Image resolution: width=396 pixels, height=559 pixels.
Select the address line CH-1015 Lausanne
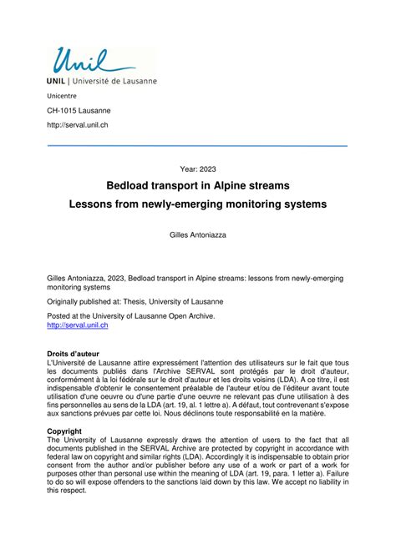pos(78,111)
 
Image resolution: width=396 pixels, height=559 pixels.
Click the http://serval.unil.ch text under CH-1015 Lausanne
pos(77,125)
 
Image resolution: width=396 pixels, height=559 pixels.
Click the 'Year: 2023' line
pos(198,169)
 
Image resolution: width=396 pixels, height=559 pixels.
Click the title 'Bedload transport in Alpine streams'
pos(198,185)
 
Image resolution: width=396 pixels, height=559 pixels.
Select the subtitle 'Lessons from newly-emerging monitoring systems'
pos(198,204)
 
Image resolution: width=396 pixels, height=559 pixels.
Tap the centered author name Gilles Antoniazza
pos(198,236)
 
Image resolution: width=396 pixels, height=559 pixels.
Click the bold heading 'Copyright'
pos(65,431)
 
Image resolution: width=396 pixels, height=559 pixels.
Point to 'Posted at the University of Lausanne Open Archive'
pos(130,316)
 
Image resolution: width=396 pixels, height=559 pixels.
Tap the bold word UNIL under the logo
pos(57,81)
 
